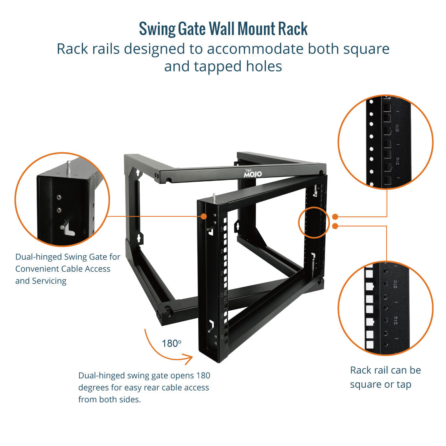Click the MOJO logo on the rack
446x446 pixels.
252,173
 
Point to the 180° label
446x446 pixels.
171,344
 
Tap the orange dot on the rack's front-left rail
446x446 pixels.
204,216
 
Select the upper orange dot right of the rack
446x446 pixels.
335,216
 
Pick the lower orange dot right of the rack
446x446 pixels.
335,226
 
